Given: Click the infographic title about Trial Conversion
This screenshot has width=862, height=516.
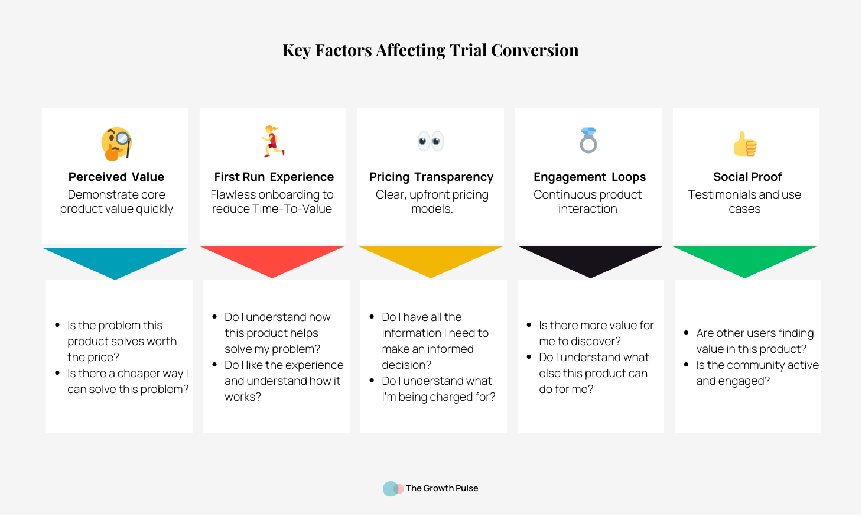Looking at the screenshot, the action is coord(431,50).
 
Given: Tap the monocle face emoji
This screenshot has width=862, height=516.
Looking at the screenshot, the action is coord(116,144).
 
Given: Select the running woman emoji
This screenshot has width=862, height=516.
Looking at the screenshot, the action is coord(273,141).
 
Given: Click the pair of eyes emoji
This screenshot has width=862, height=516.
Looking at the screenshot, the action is coord(431,141).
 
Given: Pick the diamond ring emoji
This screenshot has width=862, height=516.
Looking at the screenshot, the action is coord(588,140).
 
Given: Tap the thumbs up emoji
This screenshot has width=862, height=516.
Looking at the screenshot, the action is coord(746,144).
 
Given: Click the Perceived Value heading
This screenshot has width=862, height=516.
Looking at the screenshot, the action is coord(116,177).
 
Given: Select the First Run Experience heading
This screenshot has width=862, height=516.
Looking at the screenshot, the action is coord(274,177).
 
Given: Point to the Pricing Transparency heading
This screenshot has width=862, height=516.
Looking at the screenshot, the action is coord(431,177).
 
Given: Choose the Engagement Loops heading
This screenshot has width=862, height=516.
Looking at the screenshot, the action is coord(590,177).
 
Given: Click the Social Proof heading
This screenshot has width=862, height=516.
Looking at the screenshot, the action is coord(747,177).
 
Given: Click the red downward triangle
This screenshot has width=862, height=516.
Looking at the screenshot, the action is coord(272,258).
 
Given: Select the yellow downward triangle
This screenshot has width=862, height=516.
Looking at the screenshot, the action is coord(431,258).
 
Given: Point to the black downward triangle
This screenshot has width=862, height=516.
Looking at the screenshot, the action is coord(591,258).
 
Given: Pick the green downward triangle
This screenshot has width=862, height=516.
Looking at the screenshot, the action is coord(744,258).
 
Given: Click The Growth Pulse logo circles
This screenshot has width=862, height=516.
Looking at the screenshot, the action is coord(393,489).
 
